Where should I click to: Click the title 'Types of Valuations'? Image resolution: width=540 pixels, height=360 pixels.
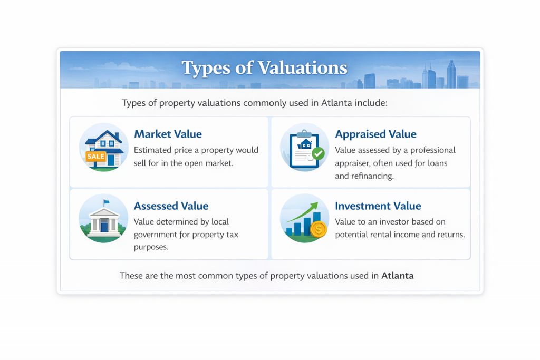tap(264, 68)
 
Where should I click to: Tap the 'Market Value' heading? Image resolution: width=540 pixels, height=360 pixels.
tap(168, 134)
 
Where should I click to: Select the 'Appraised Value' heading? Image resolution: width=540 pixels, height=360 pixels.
tap(375, 134)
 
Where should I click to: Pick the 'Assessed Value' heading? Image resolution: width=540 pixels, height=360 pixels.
tap(171, 206)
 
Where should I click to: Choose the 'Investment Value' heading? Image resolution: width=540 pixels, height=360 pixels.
tap(378, 206)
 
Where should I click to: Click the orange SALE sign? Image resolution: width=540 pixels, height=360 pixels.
tap(96, 157)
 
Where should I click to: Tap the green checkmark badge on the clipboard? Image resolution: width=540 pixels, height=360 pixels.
tap(318, 153)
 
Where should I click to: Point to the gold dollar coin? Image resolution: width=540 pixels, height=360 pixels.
tap(318, 229)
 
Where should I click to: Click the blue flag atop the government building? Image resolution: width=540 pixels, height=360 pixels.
tap(107, 202)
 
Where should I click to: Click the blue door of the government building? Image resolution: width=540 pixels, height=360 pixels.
tap(104, 227)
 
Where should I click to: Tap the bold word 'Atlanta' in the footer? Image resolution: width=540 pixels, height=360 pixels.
tap(397, 275)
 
